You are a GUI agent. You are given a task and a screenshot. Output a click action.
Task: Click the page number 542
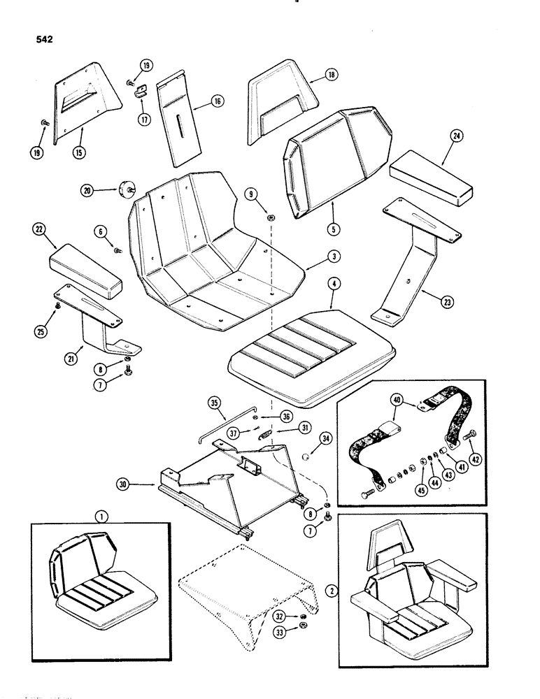[43, 39]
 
